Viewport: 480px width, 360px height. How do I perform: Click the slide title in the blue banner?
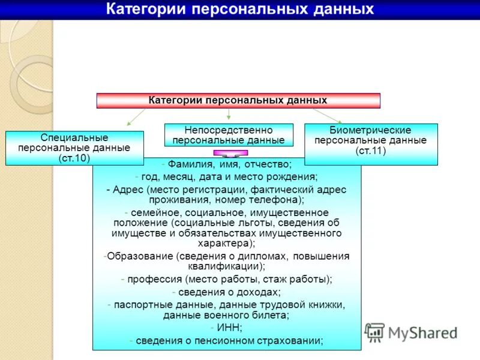240,9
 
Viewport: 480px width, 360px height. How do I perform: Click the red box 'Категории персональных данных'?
238,100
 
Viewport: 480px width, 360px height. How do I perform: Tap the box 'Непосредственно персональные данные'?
229,135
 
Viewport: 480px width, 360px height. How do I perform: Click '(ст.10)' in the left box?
74,158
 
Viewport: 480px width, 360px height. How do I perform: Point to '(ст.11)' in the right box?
371,150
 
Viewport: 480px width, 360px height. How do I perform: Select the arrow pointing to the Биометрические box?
327,115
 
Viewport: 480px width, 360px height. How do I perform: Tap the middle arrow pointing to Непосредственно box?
229,115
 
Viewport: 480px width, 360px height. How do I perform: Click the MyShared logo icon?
375,332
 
